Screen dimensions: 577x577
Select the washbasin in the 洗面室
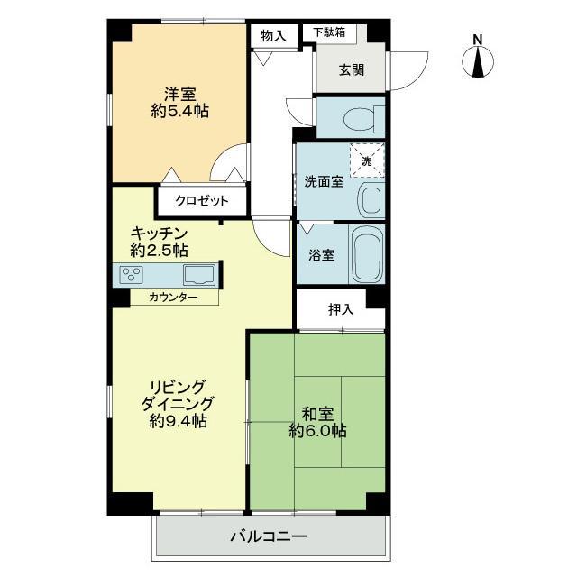tap(371, 200)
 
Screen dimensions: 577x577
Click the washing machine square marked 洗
tap(367, 160)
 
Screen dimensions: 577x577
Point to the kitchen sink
tap(199, 275)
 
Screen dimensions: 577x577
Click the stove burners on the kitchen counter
tap(132, 274)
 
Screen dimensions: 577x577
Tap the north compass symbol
tap(478, 62)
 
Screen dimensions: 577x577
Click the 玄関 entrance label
tap(352, 70)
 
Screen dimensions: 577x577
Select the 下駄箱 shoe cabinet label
tap(329, 32)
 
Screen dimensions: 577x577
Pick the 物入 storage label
tap(273, 36)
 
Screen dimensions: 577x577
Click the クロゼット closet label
tap(202, 201)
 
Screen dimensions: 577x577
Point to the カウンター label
tap(173, 298)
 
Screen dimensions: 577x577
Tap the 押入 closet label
tap(341, 310)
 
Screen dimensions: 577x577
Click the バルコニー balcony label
tap(269, 536)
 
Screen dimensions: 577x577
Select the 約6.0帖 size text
tap(317, 431)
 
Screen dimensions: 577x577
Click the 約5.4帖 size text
tap(180, 111)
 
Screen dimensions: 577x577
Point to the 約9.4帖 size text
tap(179, 421)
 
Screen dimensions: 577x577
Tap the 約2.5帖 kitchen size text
tap(159, 251)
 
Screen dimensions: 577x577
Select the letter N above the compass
tap(478, 40)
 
